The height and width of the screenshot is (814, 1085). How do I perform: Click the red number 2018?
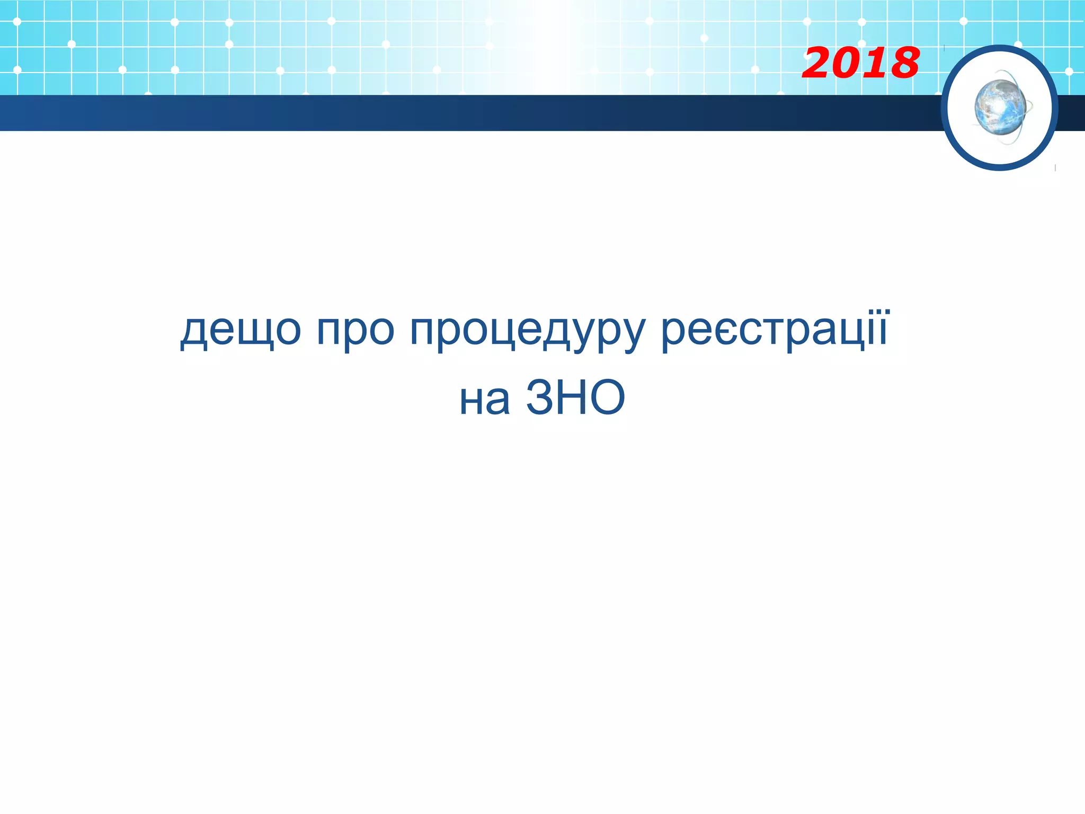860,63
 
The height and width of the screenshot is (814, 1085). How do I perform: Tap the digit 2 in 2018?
819,63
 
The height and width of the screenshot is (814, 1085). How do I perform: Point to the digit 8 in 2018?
902,63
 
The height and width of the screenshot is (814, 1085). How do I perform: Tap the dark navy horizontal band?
466,113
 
